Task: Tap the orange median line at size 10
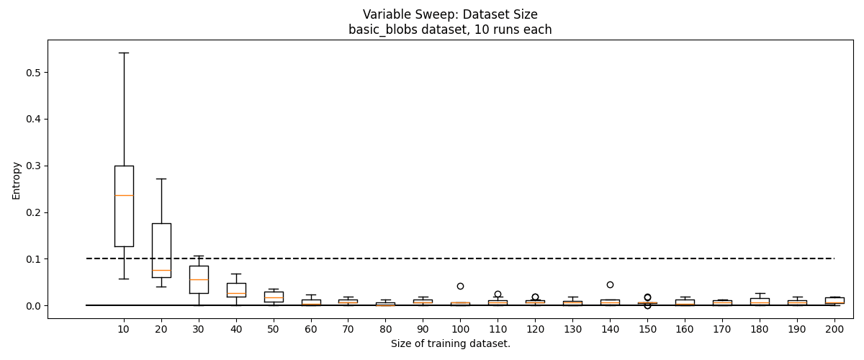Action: pos(124,195)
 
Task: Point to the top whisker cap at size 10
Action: pos(124,53)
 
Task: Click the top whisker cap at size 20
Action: pos(161,179)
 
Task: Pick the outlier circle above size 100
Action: pos(460,287)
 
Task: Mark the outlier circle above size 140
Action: pos(610,284)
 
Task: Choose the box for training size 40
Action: pos(236,289)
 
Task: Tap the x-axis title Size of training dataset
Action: pos(451,344)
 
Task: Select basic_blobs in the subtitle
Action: pos(377,30)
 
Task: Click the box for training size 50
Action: pos(274,297)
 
